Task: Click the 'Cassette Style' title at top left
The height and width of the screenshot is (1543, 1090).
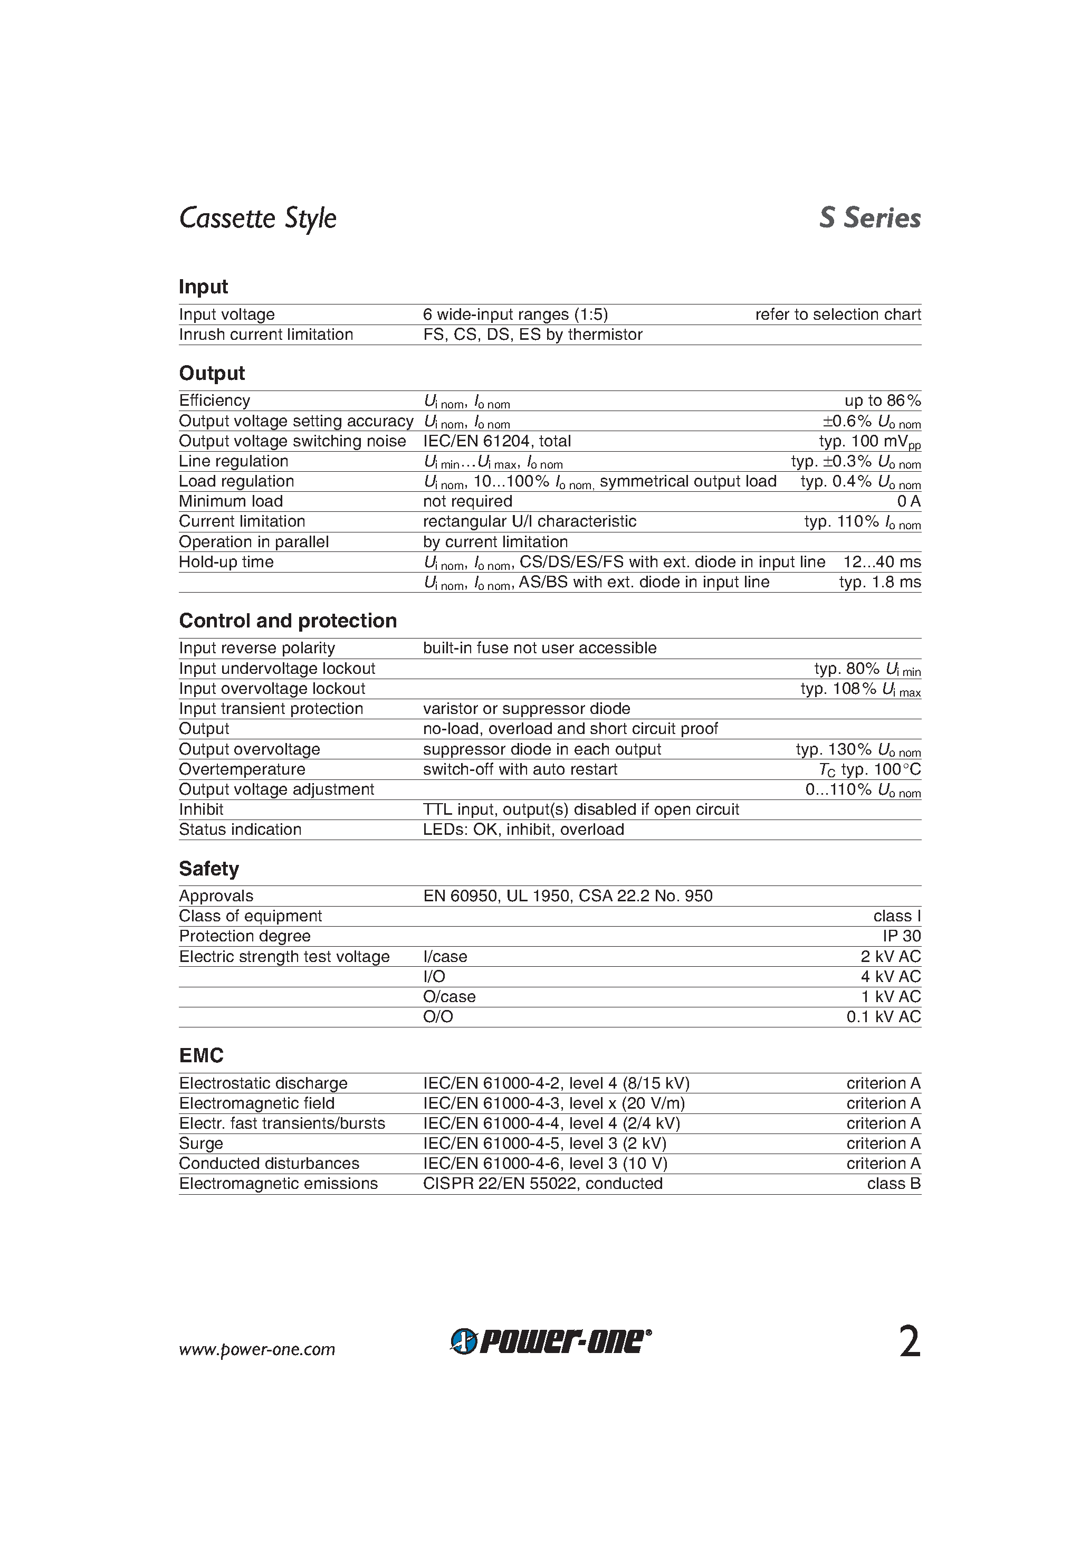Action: [x=257, y=218]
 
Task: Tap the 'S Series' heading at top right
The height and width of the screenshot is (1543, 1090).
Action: [x=869, y=218]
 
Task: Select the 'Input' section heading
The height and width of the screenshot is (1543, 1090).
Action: [x=203, y=287]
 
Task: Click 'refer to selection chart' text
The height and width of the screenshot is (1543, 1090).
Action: [x=837, y=315]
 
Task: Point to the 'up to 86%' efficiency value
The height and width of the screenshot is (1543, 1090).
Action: [x=882, y=401]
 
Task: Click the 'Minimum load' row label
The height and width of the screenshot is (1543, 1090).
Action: [x=231, y=501]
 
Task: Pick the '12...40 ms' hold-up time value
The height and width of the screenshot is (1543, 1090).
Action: [x=882, y=562]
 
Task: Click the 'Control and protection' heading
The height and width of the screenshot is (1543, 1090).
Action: [x=288, y=621]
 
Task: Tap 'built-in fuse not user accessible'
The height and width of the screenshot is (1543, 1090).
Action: [x=540, y=648]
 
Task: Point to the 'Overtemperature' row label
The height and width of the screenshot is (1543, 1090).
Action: [x=242, y=769]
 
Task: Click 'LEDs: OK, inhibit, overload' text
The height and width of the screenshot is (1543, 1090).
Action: [x=523, y=830]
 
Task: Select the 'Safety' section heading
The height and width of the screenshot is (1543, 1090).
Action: [x=208, y=869]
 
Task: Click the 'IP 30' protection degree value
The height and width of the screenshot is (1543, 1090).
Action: [x=901, y=936]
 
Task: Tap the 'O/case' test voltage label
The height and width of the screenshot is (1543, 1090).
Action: [x=449, y=997]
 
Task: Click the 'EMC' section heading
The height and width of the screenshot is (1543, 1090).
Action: [x=201, y=1056]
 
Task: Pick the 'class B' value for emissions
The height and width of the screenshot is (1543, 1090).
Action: [x=893, y=1184]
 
